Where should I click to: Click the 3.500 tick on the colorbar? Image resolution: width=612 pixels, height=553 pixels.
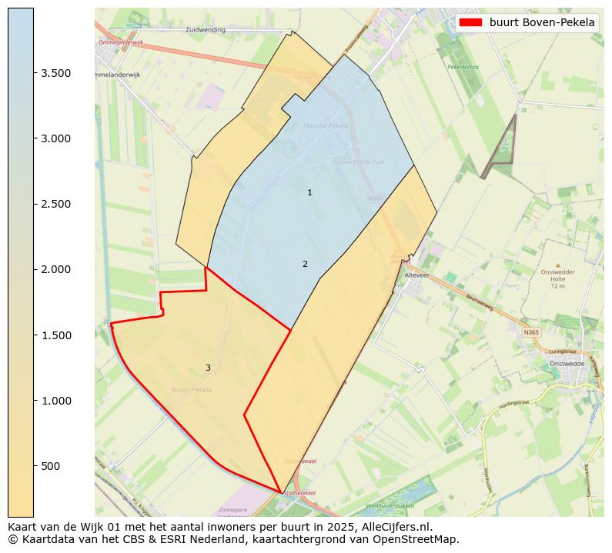tap(56, 73)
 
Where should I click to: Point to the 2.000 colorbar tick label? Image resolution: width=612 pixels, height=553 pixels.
tap(56, 269)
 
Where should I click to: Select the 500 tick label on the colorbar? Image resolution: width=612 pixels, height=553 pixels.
tap(52, 466)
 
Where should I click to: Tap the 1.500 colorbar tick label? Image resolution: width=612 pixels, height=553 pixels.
tap(56, 335)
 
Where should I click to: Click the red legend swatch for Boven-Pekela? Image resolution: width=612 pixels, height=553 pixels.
tap(470, 22)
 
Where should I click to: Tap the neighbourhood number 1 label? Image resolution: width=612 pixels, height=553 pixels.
tap(309, 192)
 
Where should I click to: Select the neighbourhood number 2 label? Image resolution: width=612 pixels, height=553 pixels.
tap(305, 264)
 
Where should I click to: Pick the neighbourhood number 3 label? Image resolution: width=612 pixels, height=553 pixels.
tap(208, 368)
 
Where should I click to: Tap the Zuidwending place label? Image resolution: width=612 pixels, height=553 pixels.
tap(206, 29)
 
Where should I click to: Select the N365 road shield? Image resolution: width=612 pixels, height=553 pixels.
tap(531, 332)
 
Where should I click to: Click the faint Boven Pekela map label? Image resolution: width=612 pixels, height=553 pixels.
tap(192, 390)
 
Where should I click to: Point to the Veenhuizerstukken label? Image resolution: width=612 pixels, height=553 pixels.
tap(390, 505)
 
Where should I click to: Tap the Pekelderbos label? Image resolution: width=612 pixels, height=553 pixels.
tap(463, 67)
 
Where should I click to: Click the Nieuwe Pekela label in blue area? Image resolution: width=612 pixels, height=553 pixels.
tap(326, 125)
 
